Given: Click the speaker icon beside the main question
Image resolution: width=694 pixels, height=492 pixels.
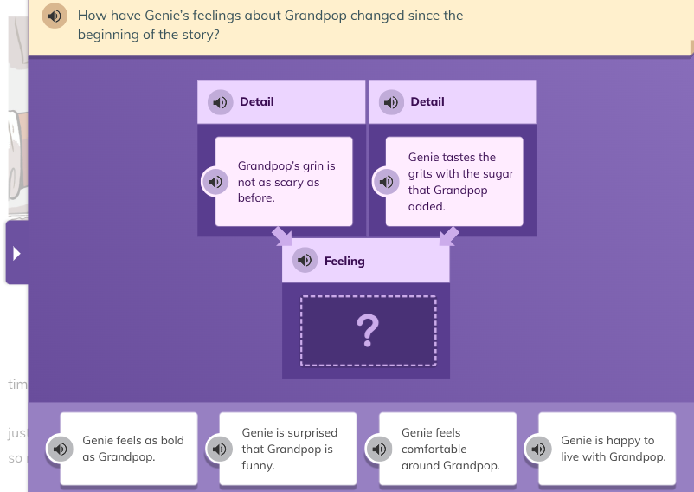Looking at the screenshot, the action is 55,16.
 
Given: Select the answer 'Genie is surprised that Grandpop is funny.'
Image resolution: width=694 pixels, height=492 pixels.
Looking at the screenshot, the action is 289,449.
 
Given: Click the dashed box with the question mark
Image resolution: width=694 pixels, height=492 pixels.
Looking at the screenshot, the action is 368,330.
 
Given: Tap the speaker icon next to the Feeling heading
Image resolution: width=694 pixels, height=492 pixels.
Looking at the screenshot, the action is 305,260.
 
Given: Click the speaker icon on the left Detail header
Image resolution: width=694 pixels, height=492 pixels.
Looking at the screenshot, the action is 221,102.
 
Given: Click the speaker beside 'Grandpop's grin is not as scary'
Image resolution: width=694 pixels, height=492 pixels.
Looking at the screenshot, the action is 214,182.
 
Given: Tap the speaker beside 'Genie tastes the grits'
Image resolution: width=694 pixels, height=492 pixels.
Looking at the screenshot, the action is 385,182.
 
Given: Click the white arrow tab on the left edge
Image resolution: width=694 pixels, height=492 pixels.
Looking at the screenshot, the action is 16,253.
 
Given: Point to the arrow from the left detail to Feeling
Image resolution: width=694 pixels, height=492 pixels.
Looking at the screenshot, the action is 281,236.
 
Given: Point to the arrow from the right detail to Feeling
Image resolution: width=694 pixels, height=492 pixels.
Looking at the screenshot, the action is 449,236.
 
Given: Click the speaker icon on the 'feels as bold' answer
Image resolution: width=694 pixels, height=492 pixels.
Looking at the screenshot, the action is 61,449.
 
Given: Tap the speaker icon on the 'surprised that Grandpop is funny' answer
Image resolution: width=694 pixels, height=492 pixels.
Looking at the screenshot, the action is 219,449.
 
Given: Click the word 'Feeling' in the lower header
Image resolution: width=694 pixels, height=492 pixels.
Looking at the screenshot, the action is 344,261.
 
